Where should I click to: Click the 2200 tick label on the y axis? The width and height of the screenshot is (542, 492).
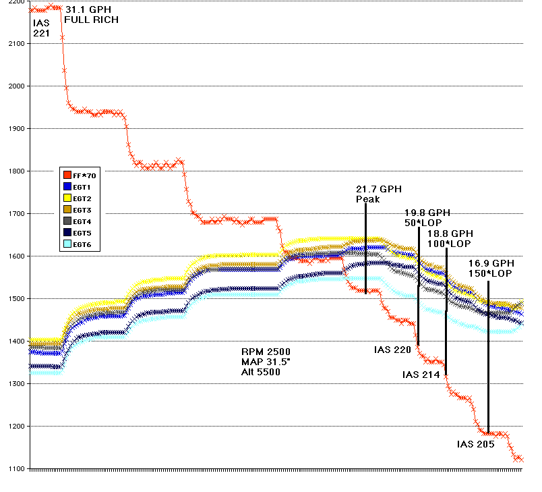pos(14,2)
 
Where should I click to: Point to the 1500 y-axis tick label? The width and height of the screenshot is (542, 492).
pos(14,299)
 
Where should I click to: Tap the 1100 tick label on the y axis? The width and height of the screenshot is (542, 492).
pos(14,469)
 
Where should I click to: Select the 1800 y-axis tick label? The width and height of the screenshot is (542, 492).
pos(14,171)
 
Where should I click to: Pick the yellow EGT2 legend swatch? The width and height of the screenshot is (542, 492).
pos(67,198)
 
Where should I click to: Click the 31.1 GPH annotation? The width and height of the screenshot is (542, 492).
pos(88,10)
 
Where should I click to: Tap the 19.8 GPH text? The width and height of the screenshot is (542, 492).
pos(427,213)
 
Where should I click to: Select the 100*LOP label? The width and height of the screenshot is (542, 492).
pos(450,243)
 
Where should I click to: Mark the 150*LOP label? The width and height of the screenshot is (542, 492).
pos(491,273)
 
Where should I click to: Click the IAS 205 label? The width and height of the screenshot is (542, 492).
pos(475,444)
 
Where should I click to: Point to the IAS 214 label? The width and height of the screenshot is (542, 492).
pos(421,375)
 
